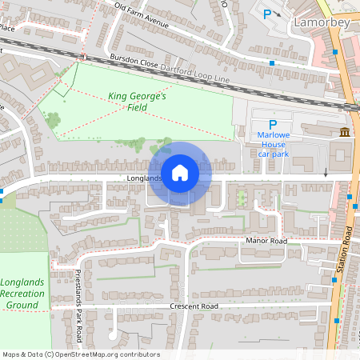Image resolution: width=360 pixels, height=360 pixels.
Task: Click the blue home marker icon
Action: click(x=180, y=172)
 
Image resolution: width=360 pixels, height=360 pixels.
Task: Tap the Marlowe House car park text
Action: click(x=272, y=144)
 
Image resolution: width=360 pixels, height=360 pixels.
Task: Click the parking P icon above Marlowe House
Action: click(x=272, y=124)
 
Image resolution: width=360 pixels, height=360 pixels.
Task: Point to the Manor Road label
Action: click(x=267, y=241)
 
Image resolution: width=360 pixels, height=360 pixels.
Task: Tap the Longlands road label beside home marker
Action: click(x=143, y=178)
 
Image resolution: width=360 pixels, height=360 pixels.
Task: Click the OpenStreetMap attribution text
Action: click(x=80, y=354)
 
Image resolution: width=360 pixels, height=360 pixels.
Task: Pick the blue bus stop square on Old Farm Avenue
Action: click(x=272, y=62)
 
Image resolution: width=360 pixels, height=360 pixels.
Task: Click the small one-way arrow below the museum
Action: click(x=326, y=173)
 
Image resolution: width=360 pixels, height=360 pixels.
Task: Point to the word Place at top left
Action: click(x=7, y=28)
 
